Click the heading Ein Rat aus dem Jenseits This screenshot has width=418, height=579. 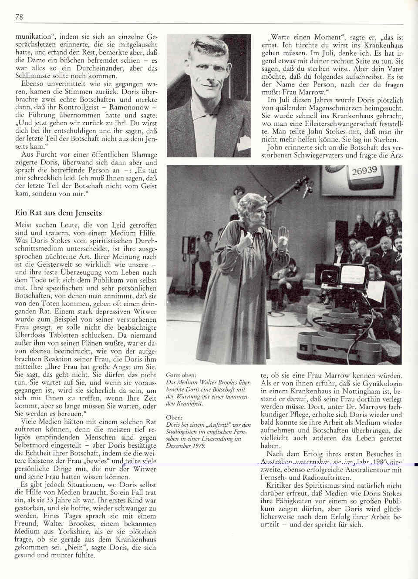(x=58, y=213)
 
